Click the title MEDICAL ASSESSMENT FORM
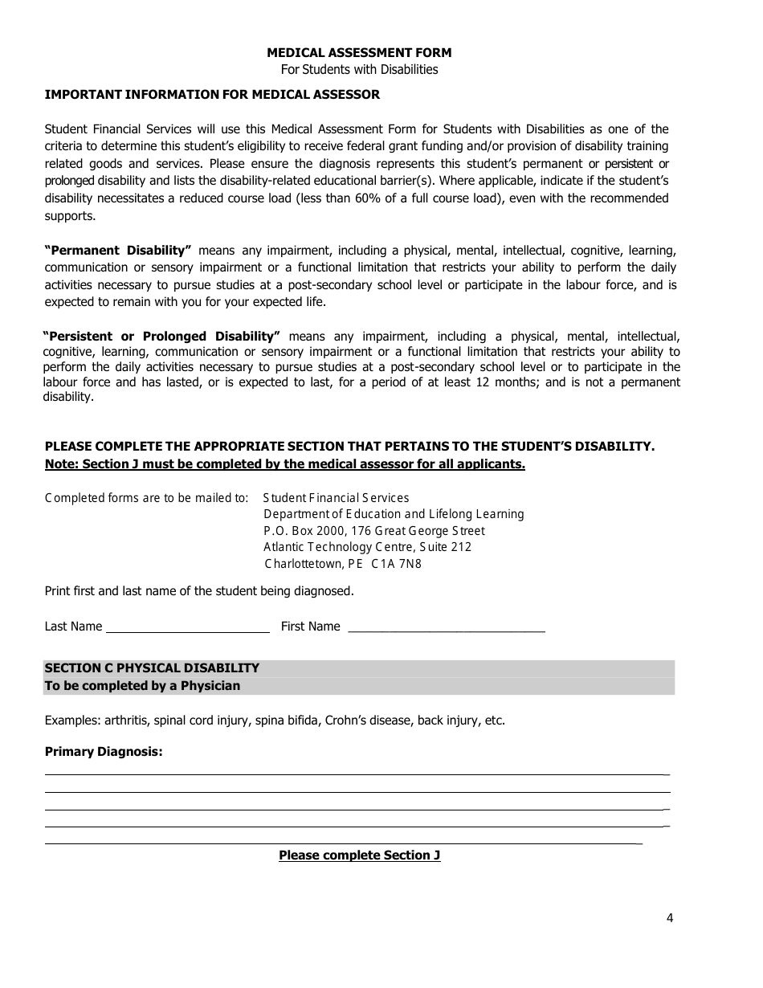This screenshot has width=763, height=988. click(x=359, y=53)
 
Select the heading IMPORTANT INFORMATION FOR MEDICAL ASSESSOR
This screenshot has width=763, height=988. click(x=212, y=95)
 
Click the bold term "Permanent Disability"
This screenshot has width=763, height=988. click(x=118, y=251)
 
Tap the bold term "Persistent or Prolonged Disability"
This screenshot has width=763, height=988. click(x=161, y=337)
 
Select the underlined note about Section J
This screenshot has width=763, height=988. click(x=285, y=464)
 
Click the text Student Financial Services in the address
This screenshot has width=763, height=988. click(x=336, y=498)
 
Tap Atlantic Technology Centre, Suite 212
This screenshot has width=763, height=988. click(x=367, y=547)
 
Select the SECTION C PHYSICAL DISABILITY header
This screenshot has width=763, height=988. click(x=153, y=668)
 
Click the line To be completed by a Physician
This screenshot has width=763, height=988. click(x=142, y=686)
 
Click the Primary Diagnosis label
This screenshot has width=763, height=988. click(x=104, y=753)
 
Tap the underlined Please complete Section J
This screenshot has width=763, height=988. click(x=359, y=855)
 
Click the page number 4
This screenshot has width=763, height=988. click(x=670, y=919)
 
